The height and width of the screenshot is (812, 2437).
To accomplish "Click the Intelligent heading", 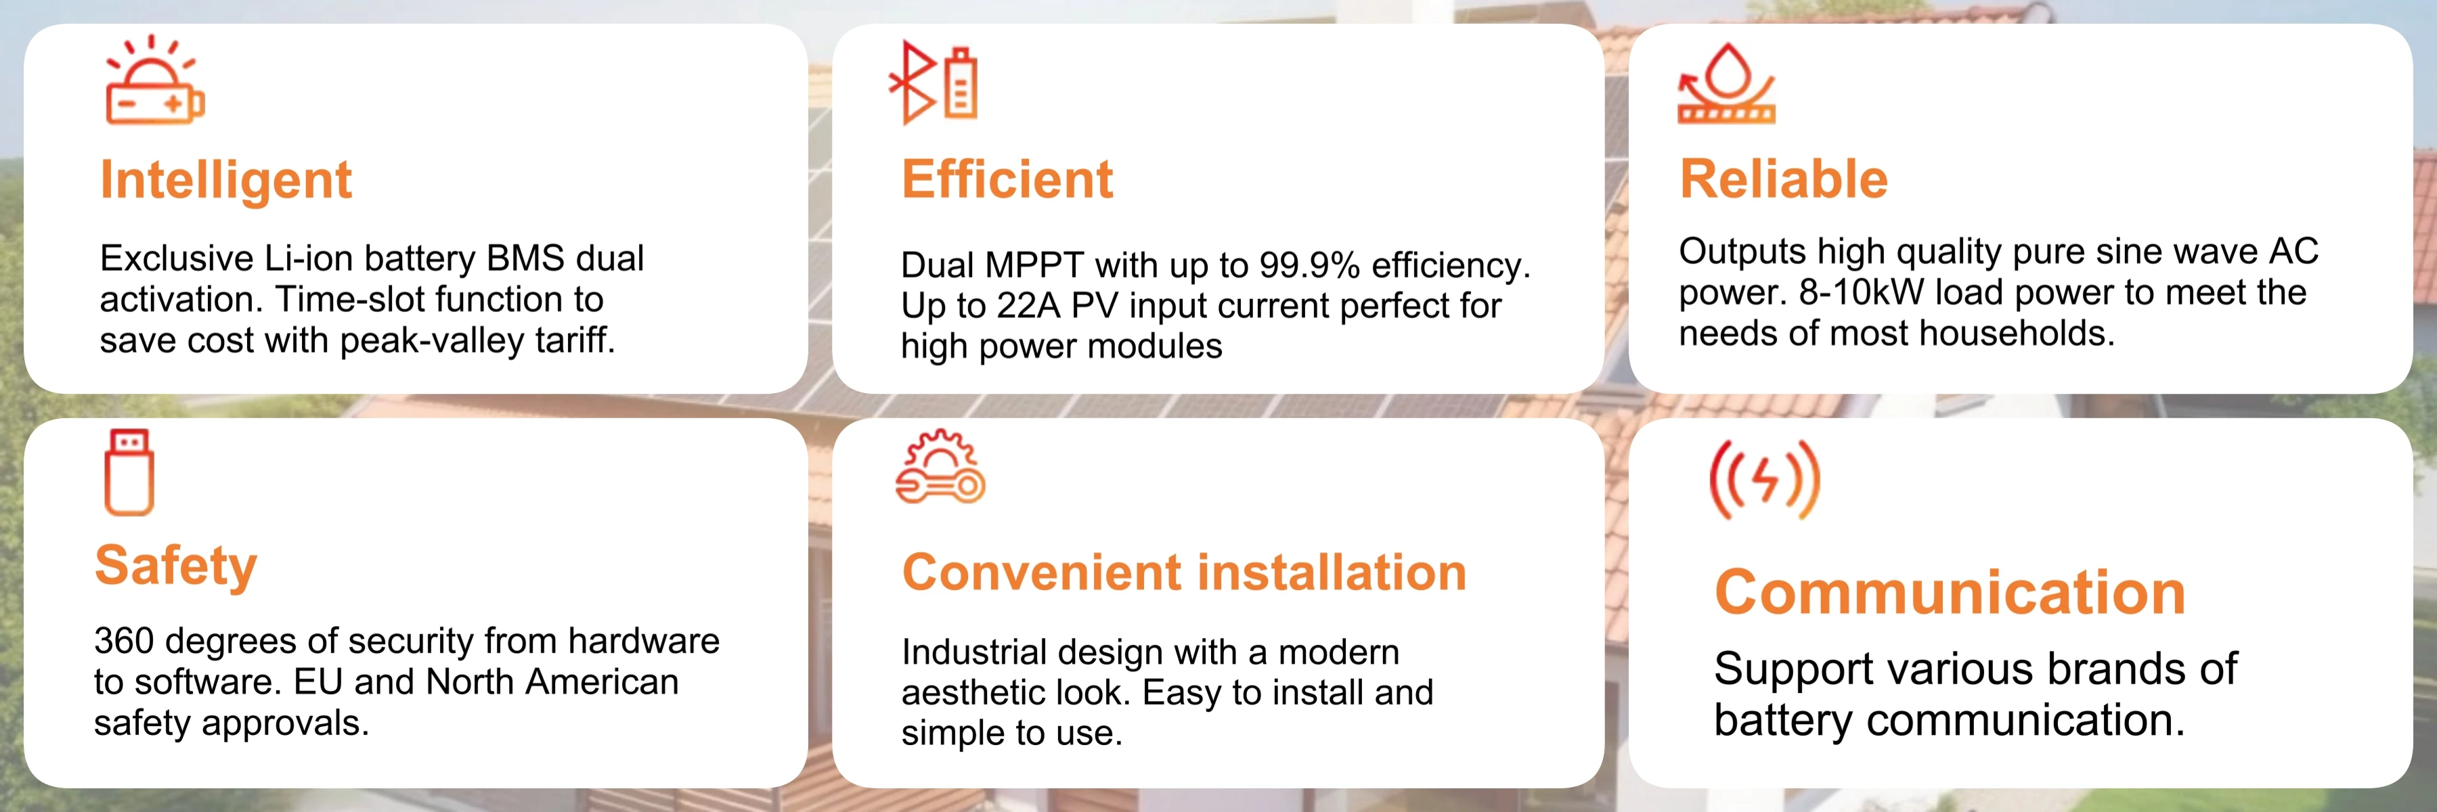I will tap(225, 181).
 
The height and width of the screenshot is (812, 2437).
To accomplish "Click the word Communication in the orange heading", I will tap(1950, 593).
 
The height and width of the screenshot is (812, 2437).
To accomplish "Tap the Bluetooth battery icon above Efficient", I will tap(933, 83).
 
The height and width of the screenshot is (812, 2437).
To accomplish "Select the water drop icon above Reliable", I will tap(1726, 83).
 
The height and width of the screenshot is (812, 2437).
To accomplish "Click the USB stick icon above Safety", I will tap(129, 472).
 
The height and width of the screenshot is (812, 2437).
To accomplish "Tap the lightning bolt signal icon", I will tap(1764, 479).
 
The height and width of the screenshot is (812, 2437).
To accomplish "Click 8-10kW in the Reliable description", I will tap(1861, 293).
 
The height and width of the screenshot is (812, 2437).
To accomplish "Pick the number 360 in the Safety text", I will tap(123, 641).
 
